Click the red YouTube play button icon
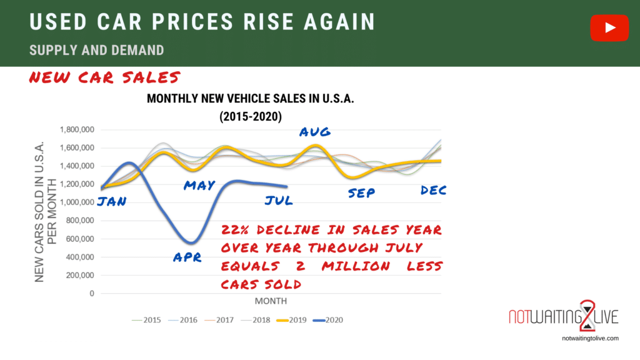pos(609,28)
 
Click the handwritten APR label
pos(187,257)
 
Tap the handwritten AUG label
pos(315,132)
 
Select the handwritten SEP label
pos(361,193)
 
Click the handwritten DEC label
pos(434,191)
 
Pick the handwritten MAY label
pos(199,185)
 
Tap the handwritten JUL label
pos(277,201)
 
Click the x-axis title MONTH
pos(271,301)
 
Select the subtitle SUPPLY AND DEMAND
pos(97,50)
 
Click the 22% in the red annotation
pos(236,230)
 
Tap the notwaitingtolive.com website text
pos(591,338)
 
